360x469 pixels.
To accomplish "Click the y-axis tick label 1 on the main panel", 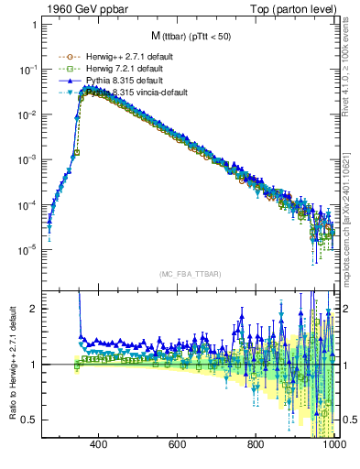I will tap(34, 25).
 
